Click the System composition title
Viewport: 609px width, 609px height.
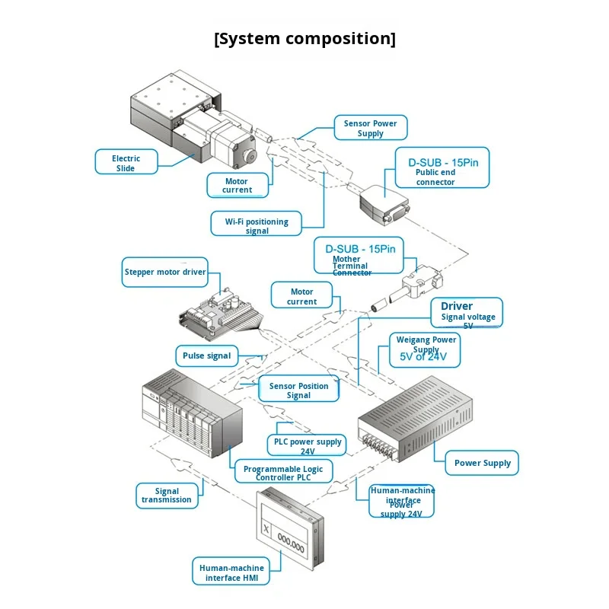pyautogui.click(x=304, y=39)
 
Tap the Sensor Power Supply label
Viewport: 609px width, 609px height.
pyautogui.click(x=371, y=128)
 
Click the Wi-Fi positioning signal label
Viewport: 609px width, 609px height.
pyautogui.click(x=257, y=225)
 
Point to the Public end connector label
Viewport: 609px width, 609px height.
pyautogui.click(x=442, y=167)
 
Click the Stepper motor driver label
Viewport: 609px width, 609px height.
pyautogui.click(x=165, y=272)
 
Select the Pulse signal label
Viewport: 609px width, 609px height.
pyautogui.click(x=206, y=356)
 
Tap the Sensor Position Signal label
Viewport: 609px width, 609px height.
pyautogui.click(x=298, y=390)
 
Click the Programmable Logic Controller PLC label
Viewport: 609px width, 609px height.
pyautogui.click(x=282, y=473)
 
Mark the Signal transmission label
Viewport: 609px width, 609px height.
pyautogui.click(x=167, y=496)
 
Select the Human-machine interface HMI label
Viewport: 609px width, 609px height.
pyautogui.click(x=231, y=572)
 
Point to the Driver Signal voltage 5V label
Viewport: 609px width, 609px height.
pyautogui.click(x=467, y=311)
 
